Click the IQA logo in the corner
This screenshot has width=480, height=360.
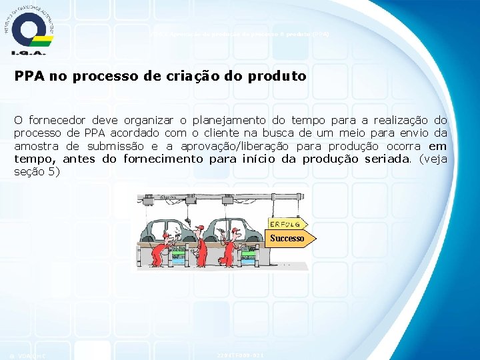tap(28, 31)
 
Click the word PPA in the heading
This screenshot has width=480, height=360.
tap(28, 76)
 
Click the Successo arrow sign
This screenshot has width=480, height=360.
tap(289, 238)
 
